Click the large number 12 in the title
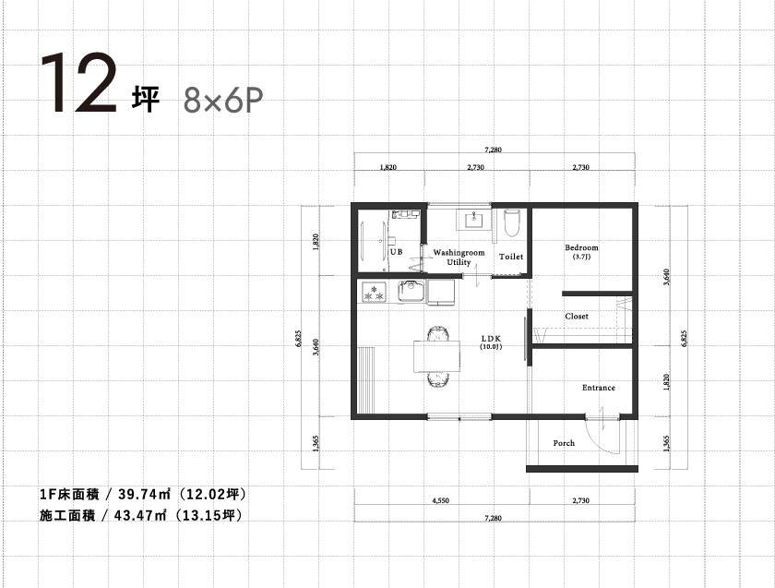tap(78, 82)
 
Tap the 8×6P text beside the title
tap(223, 101)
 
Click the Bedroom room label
tap(581, 247)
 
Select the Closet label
tap(577, 316)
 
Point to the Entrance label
tap(598, 388)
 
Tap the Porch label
tap(564, 443)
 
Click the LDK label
tap(491, 339)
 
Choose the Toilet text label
tap(510, 257)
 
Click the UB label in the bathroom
tap(397, 252)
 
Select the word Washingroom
tap(459, 252)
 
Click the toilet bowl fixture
tap(511, 223)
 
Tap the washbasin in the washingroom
tap(473, 220)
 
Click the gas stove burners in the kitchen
tap(374, 292)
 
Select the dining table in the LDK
tap(437, 356)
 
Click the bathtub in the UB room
tap(374, 240)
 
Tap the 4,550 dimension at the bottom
tap(440, 500)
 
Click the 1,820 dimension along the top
tap(388, 167)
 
